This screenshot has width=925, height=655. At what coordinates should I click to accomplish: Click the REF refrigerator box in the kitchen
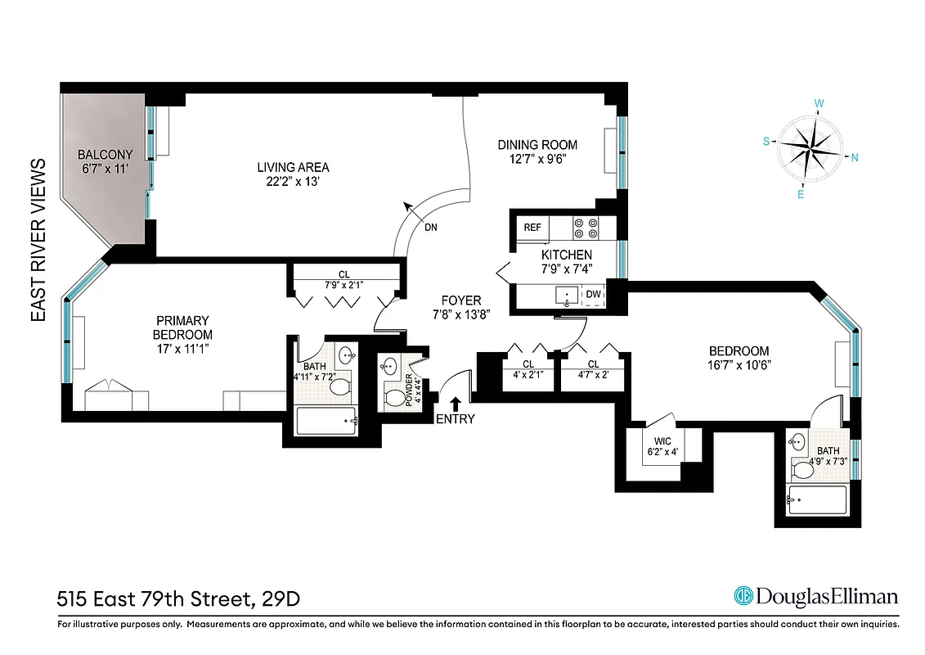(x=532, y=228)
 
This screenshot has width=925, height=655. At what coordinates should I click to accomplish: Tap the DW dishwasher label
(x=592, y=294)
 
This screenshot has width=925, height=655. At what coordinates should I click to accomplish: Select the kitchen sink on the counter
(x=564, y=293)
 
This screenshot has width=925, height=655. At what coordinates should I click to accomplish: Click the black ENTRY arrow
(x=456, y=402)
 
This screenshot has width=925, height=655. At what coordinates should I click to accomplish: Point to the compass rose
(x=806, y=148)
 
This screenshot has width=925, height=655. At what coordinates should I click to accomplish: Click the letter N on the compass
(x=854, y=159)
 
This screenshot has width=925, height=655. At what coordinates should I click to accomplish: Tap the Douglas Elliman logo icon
(x=743, y=596)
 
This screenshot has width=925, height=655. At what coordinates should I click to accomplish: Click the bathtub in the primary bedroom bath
(x=327, y=422)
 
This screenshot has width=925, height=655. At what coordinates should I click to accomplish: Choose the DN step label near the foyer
(x=431, y=228)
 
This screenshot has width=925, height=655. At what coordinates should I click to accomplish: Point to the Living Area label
(x=293, y=167)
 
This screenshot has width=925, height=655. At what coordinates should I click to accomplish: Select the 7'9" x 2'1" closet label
(x=343, y=284)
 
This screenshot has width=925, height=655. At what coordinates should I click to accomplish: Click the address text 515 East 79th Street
(x=155, y=599)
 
